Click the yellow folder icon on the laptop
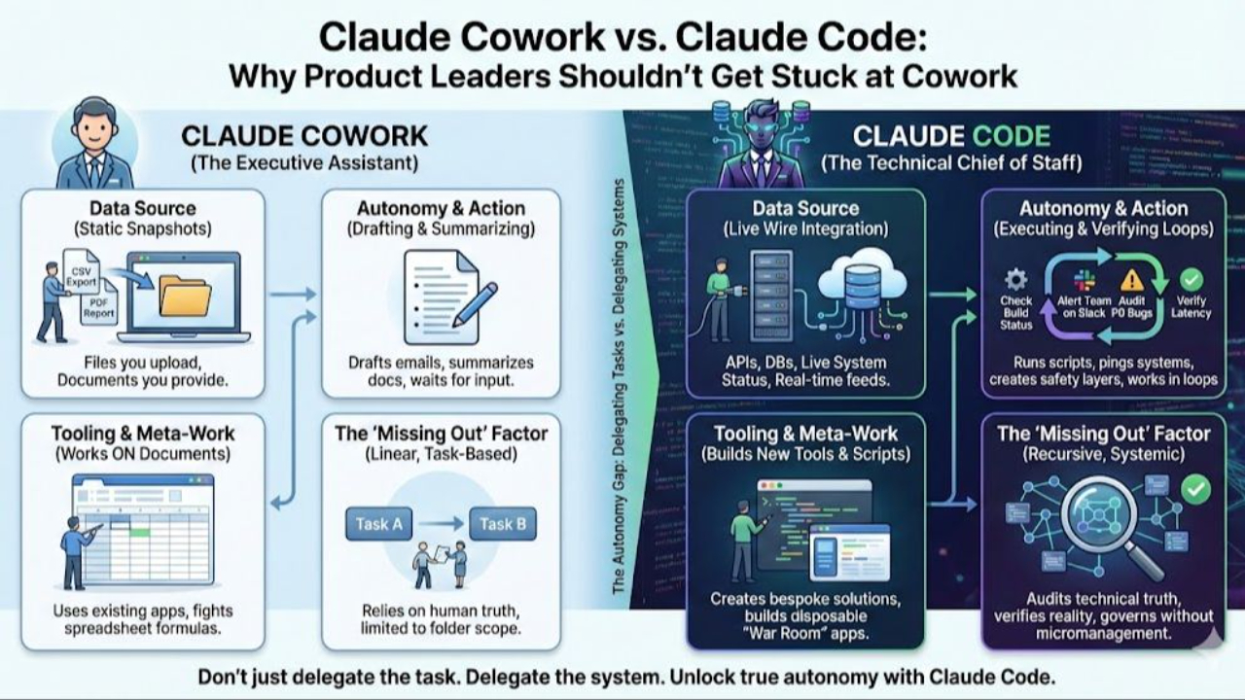pyautogui.click(x=185, y=296)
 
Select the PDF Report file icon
pyautogui.click(x=100, y=304)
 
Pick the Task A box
pyautogui.click(x=378, y=524)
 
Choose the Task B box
pyautogui.click(x=503, y=524)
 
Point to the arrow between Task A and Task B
pyautogui.click(x=441, y=524)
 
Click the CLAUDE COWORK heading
pyautogui.click(x=304, y=135)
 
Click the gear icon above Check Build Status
pyautogui.click(x=1015, y=280)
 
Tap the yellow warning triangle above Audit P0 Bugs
pyautogui.click(x=1132, y=280)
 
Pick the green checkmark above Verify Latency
pyautogui.click(x=1191, y=280)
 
